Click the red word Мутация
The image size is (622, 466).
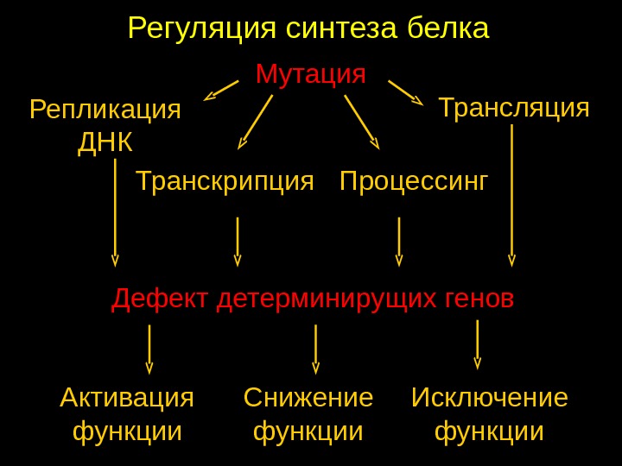click(311, 74)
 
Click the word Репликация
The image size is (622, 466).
click(105, 110)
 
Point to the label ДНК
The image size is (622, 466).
click(105, 142)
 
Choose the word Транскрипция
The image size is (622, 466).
click(225, 181)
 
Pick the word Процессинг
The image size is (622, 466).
click(414, 181)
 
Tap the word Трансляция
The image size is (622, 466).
click(514, 108)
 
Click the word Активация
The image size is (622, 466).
click(127, 398)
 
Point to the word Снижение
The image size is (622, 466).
click(308, 398)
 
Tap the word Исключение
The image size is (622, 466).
click(490, 398)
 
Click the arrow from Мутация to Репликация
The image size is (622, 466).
click(221, 91)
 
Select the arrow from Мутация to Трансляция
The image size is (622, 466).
click(405, 92)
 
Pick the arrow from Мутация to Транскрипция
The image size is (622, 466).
click(256, 122)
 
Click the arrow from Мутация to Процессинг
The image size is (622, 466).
click(362, 122)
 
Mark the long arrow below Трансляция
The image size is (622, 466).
click(512, 195)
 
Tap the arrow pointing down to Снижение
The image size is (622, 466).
click(315, 349)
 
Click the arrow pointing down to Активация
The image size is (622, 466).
click(149, 349)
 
